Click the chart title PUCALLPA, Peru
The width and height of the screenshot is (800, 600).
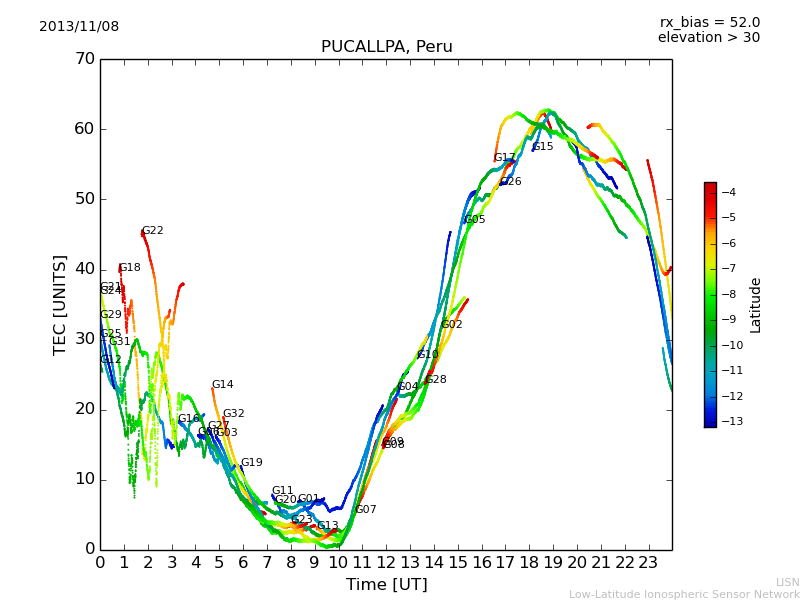(x=386, y=47)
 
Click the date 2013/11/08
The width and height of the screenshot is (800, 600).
(x=79, y=27)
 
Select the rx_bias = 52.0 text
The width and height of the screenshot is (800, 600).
(x=709, y=23)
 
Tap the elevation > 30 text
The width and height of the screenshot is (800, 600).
(x=708, y=38)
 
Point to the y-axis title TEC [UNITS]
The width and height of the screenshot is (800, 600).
(x=60, y=304)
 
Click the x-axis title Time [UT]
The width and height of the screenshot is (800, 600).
(x=386, y=584)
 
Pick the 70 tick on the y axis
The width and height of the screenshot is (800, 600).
(x=84, y=59)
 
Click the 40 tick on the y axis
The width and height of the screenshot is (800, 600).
(x=84, y=269)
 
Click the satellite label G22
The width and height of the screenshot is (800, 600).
(x=152, y=231)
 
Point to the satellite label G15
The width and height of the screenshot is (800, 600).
(x=542, y=147)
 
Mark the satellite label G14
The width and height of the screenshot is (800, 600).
(x=222, y=385)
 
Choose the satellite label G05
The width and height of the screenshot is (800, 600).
(x=474, y=220)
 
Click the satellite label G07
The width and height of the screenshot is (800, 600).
(x=365, y=510)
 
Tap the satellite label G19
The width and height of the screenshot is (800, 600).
(x=251, y=463)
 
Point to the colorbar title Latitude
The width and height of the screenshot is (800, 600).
(x=756, y=305)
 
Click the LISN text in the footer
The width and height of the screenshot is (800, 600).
(x=787, y=582)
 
